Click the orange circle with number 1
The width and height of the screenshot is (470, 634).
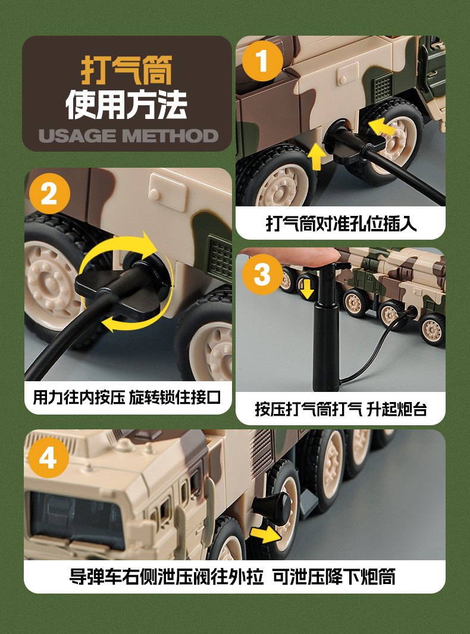pyautogui.click(x=262, y=61)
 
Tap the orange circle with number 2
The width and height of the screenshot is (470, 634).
pyautogui.click(x=49, y=194)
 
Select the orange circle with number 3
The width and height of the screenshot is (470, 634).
pyautogui.click(x=262, y=274)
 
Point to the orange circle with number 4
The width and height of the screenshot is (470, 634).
pyautogui.click(x=49, y=457)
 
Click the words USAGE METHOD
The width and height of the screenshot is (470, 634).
pyautogui.click(x=129, y=136)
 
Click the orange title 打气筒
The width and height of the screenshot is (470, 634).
pyautogui.click(x=127, y=70)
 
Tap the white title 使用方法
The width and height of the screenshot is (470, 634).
pyautogui.click(x=127, y=105)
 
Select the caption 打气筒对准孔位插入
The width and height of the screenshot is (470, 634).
pyautogui.click(x=341, y=223)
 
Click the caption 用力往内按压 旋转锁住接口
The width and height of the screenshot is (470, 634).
pyautogui.click(x=127, y=397)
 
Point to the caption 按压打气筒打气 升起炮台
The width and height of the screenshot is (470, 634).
pyautogui.click(x=341, y=409)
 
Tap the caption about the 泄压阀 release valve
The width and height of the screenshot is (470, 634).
pyautogui.click(x=233, y=576)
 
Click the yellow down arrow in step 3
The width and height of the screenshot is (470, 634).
pyautogui.click(x=308, y=288)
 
